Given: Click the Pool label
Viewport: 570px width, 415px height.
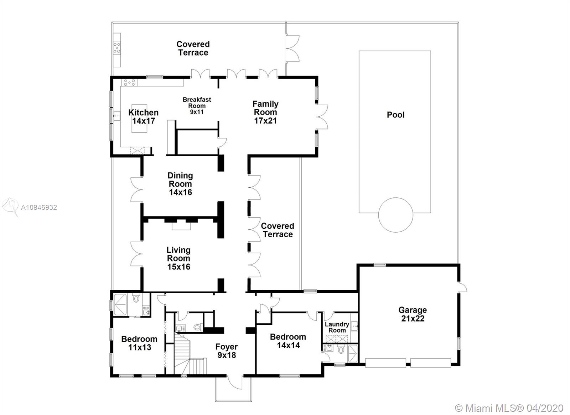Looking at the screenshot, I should [x=395, y=115].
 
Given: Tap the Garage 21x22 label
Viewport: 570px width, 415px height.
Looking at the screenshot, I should [x=413, y=314].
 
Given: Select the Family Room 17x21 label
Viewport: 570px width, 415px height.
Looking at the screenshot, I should [x=265, y=112].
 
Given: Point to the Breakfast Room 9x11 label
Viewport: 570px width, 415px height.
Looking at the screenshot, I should [x=197, y=106].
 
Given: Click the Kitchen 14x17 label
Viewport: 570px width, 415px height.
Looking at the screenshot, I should [x=143, y=117].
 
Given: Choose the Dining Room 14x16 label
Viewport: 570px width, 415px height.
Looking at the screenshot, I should [x=180, y=184].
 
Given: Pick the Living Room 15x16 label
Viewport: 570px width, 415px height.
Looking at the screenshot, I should [x=178, y=258].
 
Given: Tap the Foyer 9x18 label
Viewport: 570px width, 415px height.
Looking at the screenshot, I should [x=227, y=351].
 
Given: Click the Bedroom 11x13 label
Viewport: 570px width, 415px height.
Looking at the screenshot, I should [x=139, y=343].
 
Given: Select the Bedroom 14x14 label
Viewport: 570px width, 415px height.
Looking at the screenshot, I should [x=288, y=341].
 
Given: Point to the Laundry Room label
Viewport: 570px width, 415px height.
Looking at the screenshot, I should [x=337, y=327].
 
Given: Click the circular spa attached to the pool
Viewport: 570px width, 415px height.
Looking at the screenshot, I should [x=395, y=215].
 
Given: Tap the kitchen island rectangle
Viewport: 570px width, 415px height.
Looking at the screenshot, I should [x=139, y=118].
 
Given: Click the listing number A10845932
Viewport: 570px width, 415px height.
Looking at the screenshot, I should [x=39, y=207].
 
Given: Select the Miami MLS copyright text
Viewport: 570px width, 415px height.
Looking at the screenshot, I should [x=509, y=408].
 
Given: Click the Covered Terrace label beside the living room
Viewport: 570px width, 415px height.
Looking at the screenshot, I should [x=278, y=230].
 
